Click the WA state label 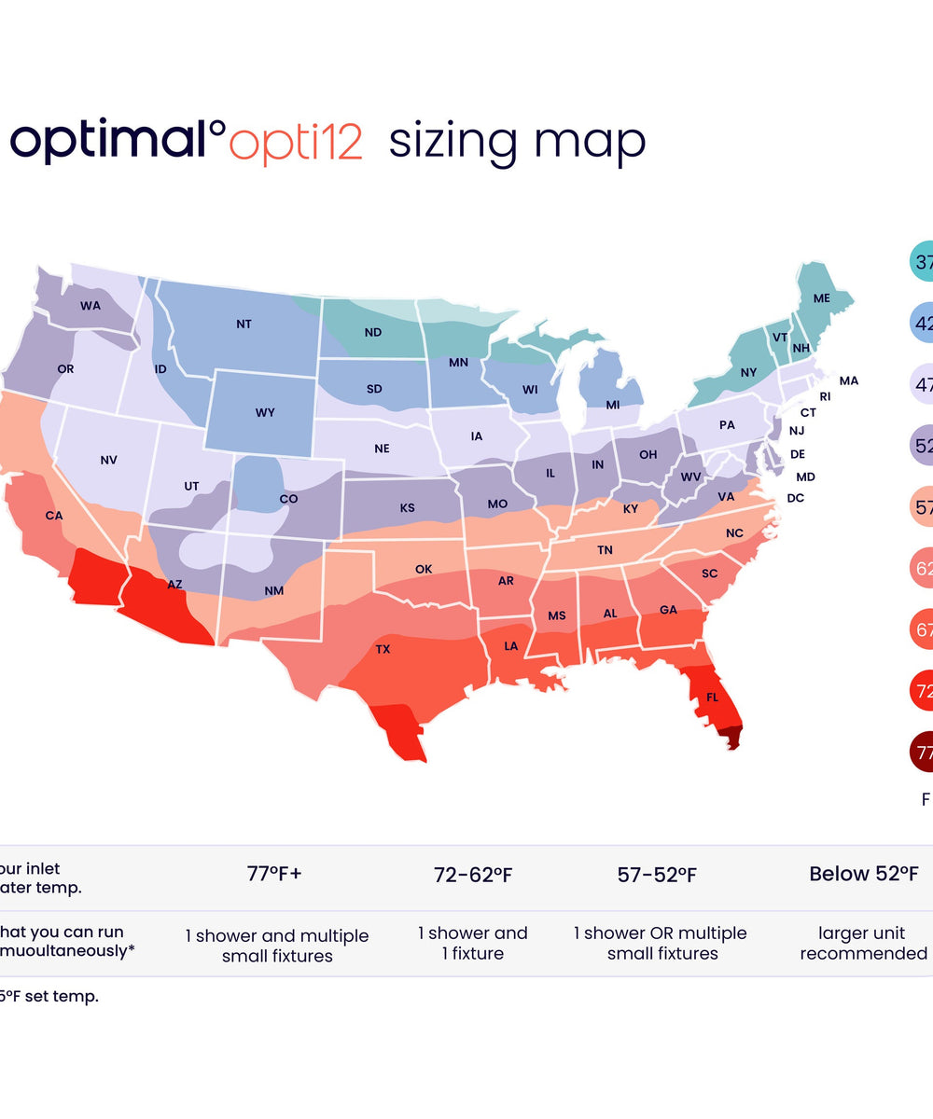click(x=91, y=306)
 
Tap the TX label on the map click(x=383, y=649)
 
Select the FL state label click(x=712, y=697)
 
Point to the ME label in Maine click(x=822, y=298)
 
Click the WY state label click(x=265, y=412)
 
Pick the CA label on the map click(x=54, y=516)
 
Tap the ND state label click(x=373, y=332)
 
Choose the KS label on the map click(x=408, y=508)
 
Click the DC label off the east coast click(x=796, y=498)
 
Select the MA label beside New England click(x=849, y=380)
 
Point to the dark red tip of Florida click(x=733, y=739)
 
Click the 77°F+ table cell click(x=274, y=875)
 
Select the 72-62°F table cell click(x=473, y=875)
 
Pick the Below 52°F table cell click(x=863, y=875)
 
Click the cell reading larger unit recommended click(x=863, y=944)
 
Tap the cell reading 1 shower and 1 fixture click(x=473, y=944)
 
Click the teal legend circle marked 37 click(x=921, y=263)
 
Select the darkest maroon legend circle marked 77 click(x=921, y=753)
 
